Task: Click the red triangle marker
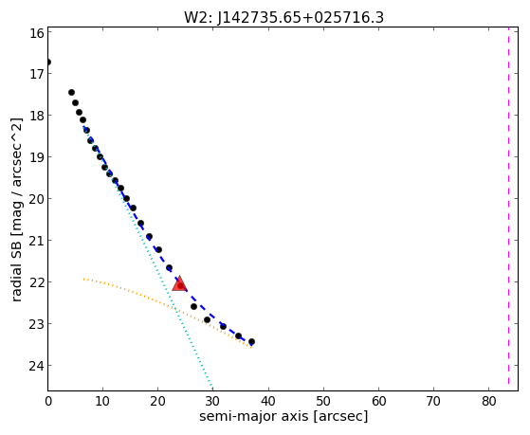pyautogui.click(x=179, y=283)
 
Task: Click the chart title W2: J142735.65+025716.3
pyautogui.click(x=283, y=17)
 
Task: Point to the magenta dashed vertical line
pyautogui.click(x=508, y=206)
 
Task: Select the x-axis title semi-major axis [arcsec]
pyautogui.click(x=283, y=416)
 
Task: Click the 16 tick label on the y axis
pyautogui.click(x=37, y=33)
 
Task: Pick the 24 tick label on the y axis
pyautogui.click(x=37, y=366)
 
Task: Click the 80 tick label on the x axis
pyautogui.click(x=489, y=401)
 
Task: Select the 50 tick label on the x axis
pyautogui.click(x=323, y=401)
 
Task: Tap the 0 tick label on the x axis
pyautogui.click(x=48, y=401)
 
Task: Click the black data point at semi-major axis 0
pyautogui.click(x=48, y=63)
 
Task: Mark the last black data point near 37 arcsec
pyautogui.click(x=251, y=342)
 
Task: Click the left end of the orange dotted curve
pyautogui.click(x=83, y=279)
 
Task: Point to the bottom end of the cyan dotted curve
pyautogui.click(x=212, y=388)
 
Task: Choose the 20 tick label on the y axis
pyautogui.click(x=37, y=199)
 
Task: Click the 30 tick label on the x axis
pyautogui.click(x=213, y=401)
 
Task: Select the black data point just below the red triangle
pyautogui.click(x=193, y=306)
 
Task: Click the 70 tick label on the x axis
pyautogui.click(x=433, y=401)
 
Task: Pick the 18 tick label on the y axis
pyautogui.click(x=37, y=116)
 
